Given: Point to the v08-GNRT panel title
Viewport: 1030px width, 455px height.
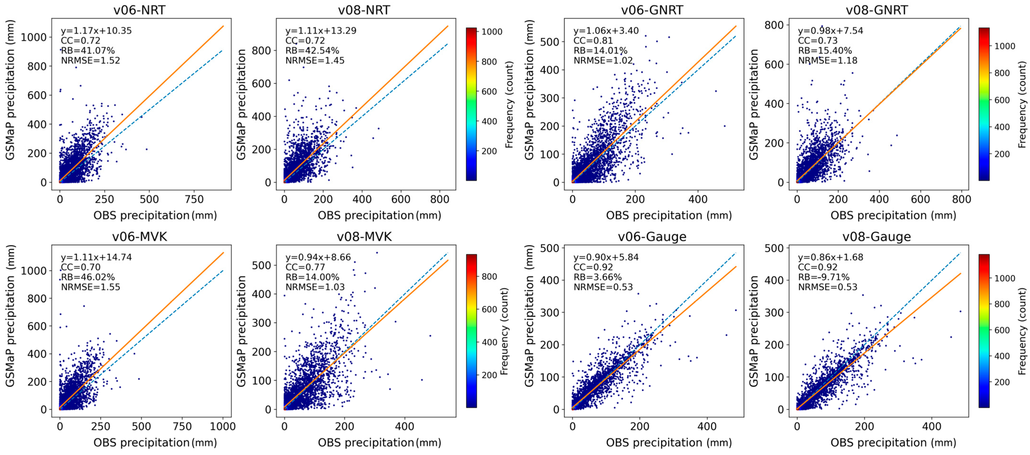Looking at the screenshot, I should tap(877, 10).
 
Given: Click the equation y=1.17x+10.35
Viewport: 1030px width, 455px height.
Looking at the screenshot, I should tap(96, 31).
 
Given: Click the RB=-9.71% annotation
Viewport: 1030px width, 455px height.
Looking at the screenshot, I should tap(824, 277).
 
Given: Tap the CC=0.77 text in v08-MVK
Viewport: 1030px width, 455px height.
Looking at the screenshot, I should tap(305, 267).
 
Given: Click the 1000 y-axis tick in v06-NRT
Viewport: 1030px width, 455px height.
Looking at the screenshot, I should tap(34, 37).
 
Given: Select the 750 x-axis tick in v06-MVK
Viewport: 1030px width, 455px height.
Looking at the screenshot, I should tap(182, 427).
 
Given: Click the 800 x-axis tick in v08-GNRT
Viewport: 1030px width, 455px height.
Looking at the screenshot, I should tap(961, 199).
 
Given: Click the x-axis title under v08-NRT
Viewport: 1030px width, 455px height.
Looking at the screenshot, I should tap(379, 216).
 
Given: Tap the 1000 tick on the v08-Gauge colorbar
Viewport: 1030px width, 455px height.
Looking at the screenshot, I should tap(1004, 278).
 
